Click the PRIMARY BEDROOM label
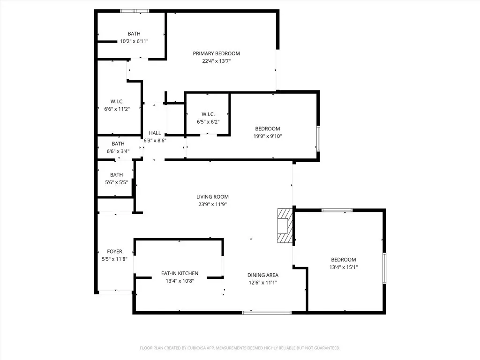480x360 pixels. tap(216, 53)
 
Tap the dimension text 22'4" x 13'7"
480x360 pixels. tap(216, 61)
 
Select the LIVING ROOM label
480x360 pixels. tap(212, 197)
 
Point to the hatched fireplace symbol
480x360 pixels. tap(285, 226)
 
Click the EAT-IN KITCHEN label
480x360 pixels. tap(180, 273)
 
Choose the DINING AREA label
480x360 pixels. tap(263, 275)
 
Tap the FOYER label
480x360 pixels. tap(114, 252)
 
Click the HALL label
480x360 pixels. tap(155, 133)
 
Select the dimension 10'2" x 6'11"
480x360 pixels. tap(134, 41)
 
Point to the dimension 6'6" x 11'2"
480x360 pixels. tap(117, 109)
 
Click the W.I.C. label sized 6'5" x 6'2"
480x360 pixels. tap(208, 114)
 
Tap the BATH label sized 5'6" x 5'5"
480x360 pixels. tap(116, 175)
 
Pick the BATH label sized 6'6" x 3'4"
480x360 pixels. tap(118, 143)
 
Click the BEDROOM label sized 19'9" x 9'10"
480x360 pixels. tap(268, 129)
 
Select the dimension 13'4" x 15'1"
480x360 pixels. tap(344, 267)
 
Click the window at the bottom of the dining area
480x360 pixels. tap(267, 313)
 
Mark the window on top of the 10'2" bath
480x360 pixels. tap(135, 11)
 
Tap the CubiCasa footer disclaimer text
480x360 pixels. tap(240, 348)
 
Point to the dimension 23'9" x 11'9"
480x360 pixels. tap(212, 204)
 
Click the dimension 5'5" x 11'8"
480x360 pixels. tap(114, 259)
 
